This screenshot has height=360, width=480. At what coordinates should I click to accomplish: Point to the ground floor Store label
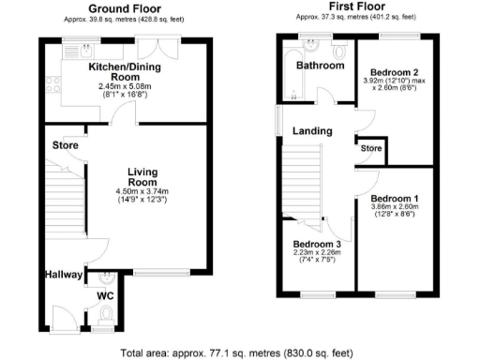64,145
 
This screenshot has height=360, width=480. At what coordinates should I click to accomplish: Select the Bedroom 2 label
393,72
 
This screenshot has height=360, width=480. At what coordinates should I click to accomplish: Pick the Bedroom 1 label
393,199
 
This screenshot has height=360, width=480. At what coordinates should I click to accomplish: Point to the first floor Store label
372,148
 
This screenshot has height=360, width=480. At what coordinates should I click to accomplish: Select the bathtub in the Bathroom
286,73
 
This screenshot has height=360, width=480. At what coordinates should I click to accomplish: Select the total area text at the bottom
239,352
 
